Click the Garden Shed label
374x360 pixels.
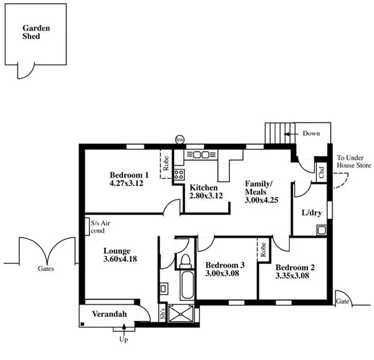tap(31, 32)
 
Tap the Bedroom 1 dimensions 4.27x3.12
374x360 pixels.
tap(126, 182)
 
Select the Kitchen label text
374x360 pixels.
tap(203, 188)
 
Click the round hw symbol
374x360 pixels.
tap(179, 139)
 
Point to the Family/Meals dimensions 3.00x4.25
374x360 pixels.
tap(261, 200)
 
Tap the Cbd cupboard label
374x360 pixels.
tap(322, 173)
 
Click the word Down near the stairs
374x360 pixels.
tap(311, 133)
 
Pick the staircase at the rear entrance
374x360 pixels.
tap(277, 133)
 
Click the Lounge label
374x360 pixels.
tap(116, 251)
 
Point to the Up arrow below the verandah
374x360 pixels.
tap(124, 329)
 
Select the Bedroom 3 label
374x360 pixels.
tap(225, 265)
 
